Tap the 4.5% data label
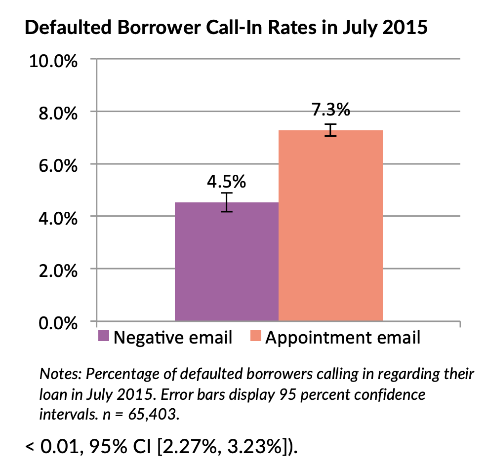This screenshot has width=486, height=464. [226, 182]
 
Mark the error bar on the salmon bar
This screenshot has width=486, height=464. [330, 130]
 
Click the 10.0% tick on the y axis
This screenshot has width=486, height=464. [53, 61]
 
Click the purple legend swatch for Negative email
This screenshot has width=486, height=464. [104, 337]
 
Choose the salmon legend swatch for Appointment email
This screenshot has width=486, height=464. [255, 337]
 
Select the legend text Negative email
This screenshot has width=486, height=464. [173, 338]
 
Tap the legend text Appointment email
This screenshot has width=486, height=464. [343, 338]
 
